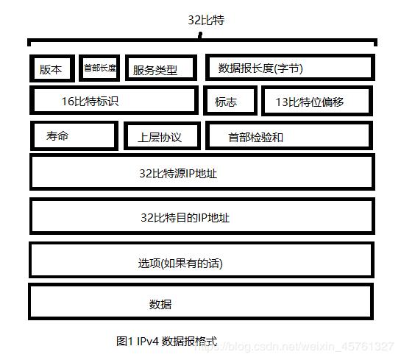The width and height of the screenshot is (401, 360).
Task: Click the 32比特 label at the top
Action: click(x=206, y=20)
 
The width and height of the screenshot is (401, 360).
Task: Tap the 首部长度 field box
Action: click(x=99, y=68)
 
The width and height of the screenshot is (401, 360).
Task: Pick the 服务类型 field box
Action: click(x=161, y=68)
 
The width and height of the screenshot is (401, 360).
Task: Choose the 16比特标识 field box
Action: click(x=114, y=101)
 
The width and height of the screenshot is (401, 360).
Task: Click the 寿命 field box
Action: click(x=74, y=135)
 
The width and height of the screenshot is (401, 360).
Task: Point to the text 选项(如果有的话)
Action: click(x=180, y=263)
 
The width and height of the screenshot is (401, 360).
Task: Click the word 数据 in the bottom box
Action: click(x=160, y=303)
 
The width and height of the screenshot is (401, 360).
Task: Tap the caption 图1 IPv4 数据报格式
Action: click(x=166, y=341)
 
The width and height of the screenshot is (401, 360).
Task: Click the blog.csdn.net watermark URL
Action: click(x=309, y=346)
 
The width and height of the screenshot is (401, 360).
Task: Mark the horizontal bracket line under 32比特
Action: click(x=202, y=42)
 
